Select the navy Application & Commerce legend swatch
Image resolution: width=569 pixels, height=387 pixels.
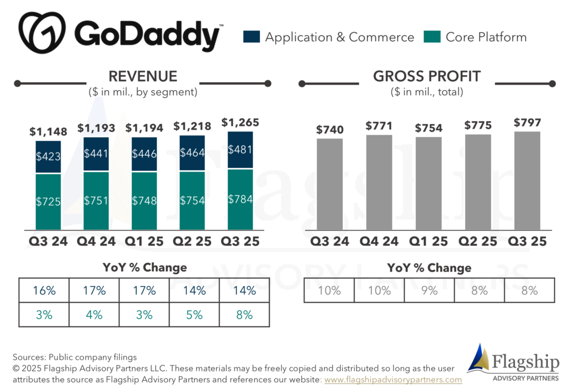tap(252, 37)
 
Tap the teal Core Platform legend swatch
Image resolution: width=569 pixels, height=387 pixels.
tap(432, 37)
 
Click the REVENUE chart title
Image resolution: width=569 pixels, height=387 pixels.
tap(143, 76)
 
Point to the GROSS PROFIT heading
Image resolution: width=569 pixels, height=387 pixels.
tap(427, 76)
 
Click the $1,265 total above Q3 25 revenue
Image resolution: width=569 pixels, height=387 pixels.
tap(240, 123)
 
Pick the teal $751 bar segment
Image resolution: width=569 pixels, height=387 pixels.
tap(96, 201)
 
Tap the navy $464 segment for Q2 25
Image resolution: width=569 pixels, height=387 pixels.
tap(192, 153)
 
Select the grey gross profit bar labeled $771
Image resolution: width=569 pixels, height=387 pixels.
tap(379, 182)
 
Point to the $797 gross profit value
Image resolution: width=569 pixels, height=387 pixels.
tap(527, 123)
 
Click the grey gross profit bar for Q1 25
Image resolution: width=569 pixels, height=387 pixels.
tap(428, 183)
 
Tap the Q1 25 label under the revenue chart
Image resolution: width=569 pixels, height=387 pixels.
tap(144, 241)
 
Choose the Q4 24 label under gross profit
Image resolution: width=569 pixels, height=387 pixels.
tap(379, 241)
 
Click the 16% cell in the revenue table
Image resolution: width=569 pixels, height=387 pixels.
tap(44, 290)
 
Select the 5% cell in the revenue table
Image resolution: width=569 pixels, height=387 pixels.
tap(194, 315)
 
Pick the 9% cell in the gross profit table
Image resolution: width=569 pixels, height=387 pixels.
tap(430, 290)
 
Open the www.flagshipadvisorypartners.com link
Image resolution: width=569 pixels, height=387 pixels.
tap(393, 380)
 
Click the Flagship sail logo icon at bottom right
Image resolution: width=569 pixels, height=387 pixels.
tap(478, 357)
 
